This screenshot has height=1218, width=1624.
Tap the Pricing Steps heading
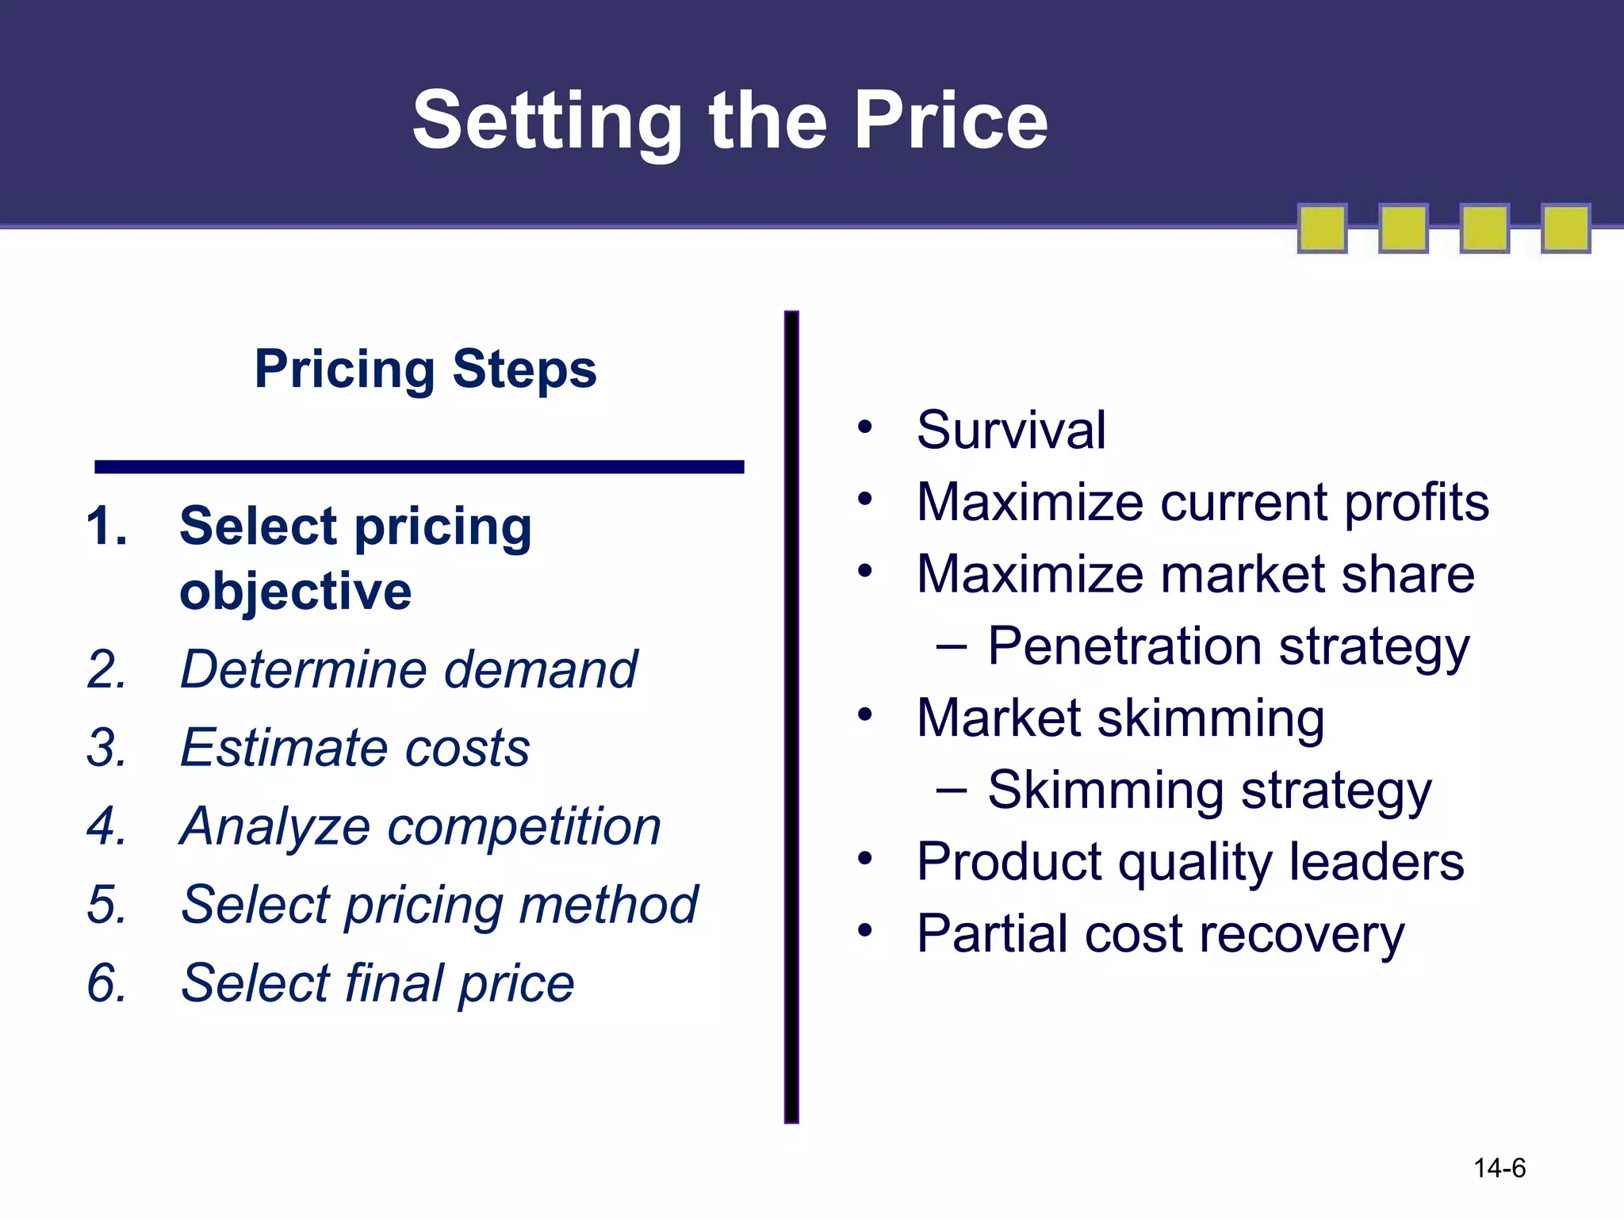point(425,369)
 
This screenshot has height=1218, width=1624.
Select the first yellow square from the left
point(1322,228)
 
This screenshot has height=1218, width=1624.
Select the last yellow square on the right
point(1565,228)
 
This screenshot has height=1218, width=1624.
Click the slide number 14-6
point(1499,1168)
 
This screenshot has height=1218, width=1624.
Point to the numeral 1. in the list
point(106,527)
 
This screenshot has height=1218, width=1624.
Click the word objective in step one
point(295,592)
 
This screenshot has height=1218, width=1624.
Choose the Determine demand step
point(408,669)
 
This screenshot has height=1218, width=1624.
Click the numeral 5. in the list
point(106,905)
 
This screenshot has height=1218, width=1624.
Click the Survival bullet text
point(1010,430)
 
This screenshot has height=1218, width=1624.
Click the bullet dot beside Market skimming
point(864,714)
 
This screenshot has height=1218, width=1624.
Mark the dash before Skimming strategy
point(951,791)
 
